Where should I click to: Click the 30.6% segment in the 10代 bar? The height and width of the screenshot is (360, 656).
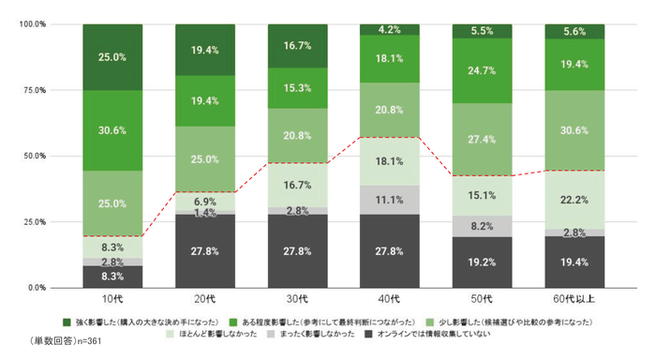point(112,130)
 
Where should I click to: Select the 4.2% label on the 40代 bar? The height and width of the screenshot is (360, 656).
point(390,29)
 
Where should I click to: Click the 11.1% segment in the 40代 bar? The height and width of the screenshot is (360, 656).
point(390,199)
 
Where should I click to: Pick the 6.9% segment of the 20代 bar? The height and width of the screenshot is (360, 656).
point(204,202)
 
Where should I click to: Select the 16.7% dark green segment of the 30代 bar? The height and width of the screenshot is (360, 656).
point(297,45)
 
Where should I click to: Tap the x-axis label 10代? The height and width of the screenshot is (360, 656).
point(112,300)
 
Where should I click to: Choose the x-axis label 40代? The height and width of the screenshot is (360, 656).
point(390,300)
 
